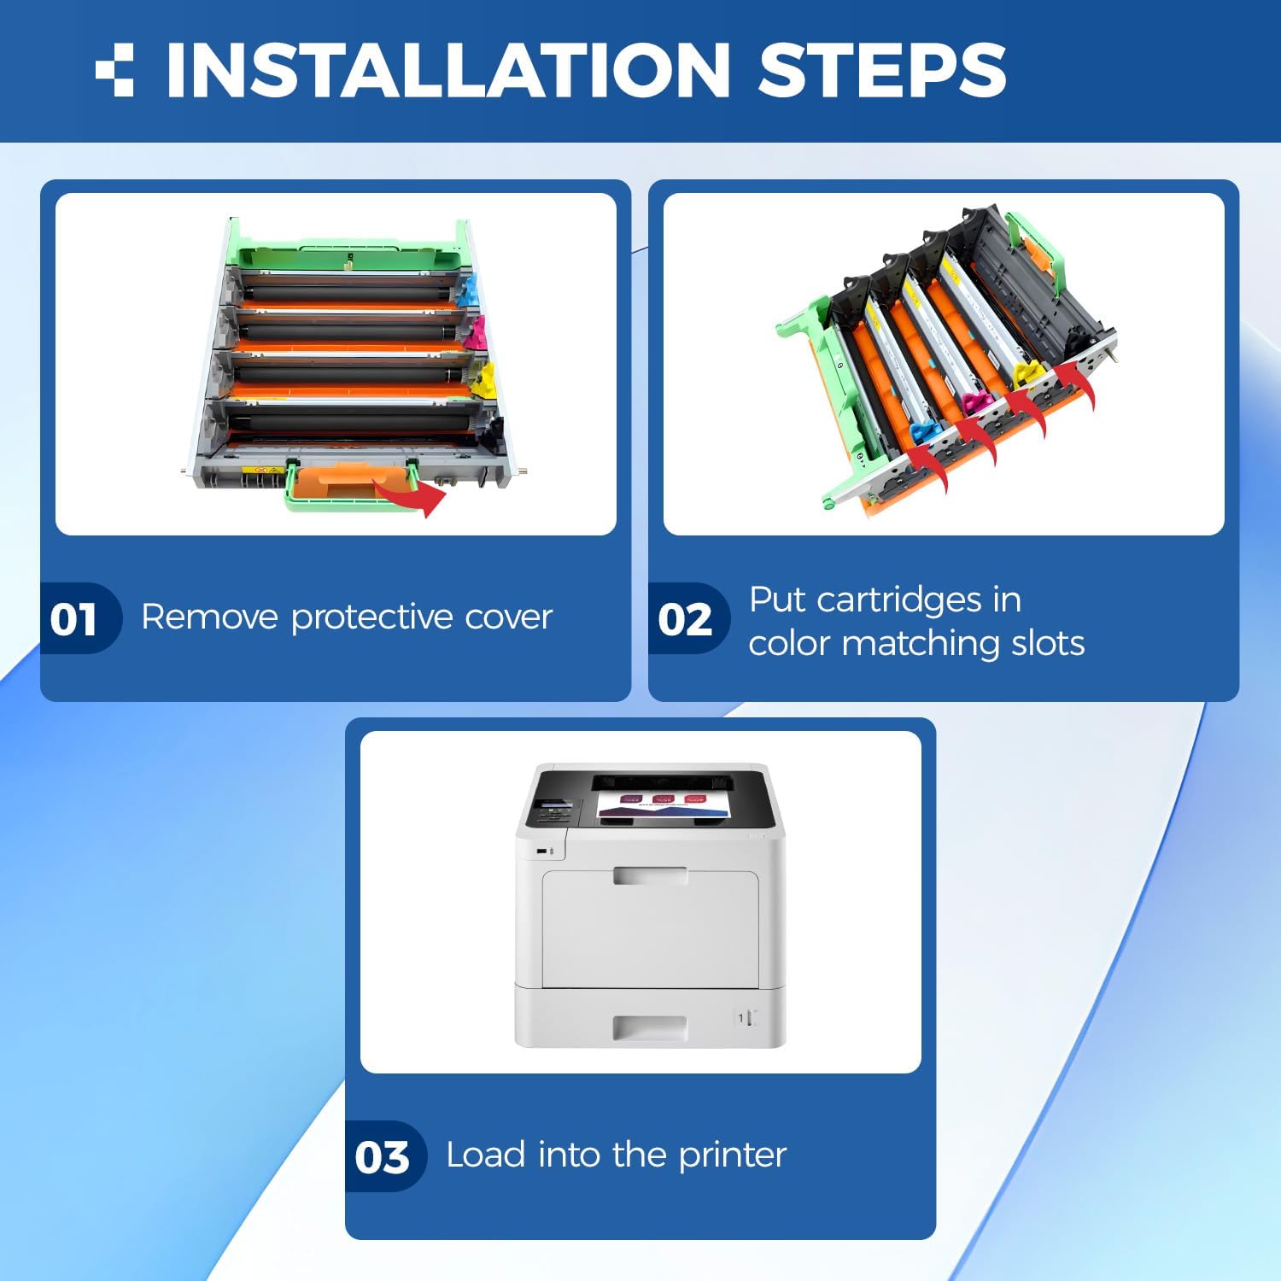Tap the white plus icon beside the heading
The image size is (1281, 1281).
114,69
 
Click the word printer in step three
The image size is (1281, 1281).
733,1155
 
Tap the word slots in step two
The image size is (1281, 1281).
1048,643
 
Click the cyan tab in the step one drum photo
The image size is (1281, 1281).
466,290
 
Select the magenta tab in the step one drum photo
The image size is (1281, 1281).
475,332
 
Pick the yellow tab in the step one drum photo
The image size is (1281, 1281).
483,381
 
